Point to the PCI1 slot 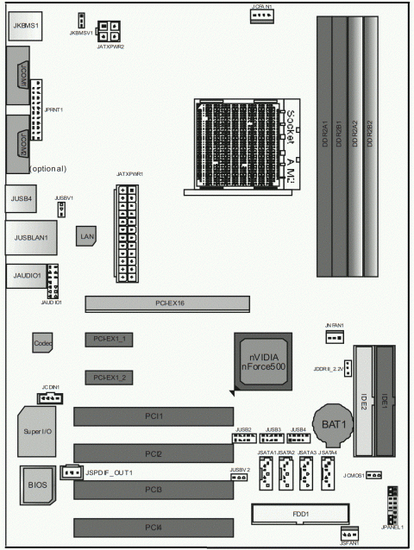coord(153,416)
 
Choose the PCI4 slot coord(153,527)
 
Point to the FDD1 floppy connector coord(299,514)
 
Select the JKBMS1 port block coord(27,27)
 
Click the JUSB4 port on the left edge coord(22,197)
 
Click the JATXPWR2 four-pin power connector coord(110,31)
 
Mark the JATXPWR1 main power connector coord(126,233)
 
